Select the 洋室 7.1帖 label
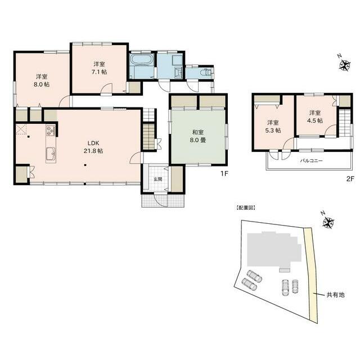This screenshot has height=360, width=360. [98, 68]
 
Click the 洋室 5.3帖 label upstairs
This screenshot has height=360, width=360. [273, 126]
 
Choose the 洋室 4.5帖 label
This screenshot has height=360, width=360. [315, 116]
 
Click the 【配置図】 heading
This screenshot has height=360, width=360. [246, 208]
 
